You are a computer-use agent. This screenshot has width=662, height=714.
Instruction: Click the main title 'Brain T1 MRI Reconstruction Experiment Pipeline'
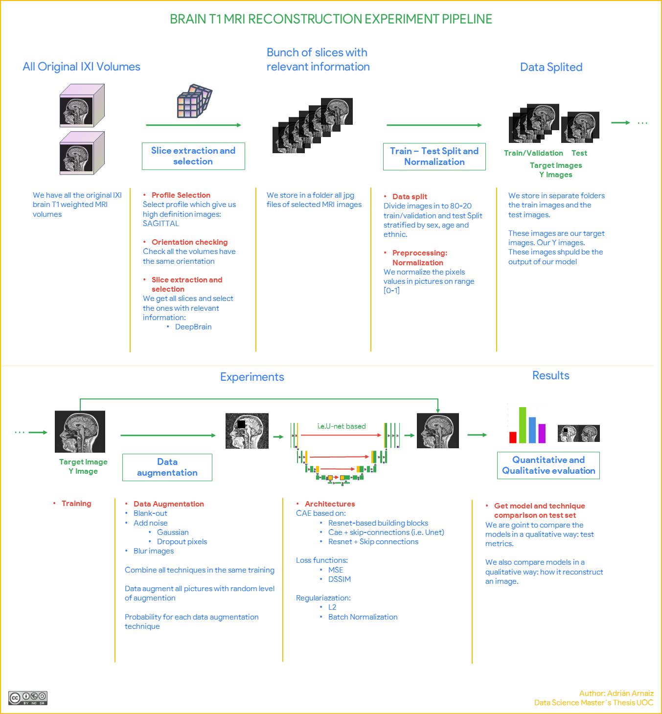[331, 19]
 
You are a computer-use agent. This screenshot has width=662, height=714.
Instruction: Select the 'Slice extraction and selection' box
[193, 156]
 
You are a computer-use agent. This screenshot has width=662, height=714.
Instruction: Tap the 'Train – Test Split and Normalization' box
[434, 157]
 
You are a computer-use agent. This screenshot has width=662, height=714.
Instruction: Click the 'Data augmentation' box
[167, 467]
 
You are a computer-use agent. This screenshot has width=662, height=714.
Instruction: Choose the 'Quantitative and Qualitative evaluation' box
[548, 465]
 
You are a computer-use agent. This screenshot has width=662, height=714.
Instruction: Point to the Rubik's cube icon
[194, 101]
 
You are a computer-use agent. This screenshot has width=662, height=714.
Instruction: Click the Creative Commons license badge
[28, 698]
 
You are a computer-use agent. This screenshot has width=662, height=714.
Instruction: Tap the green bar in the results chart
[523, 425]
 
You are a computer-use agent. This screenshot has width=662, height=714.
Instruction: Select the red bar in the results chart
[513, 437]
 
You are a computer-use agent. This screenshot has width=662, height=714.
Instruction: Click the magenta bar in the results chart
[542, 433]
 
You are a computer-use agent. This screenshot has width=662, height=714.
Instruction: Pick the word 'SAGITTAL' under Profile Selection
[161, 224]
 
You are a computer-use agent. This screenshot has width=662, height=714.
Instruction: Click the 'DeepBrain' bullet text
[193, 327]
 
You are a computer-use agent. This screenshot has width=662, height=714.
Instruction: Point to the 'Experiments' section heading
[252, 377]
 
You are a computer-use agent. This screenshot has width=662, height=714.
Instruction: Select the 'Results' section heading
[551, 375]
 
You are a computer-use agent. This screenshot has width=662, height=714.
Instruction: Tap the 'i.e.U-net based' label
[342, 426]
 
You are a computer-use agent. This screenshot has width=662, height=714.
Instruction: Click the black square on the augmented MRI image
[241, 424]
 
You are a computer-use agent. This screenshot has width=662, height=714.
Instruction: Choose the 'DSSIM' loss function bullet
[340, 579]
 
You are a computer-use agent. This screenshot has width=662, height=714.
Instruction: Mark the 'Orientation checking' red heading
[189, 242]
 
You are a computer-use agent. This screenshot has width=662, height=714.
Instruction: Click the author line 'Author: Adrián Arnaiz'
[616, 693]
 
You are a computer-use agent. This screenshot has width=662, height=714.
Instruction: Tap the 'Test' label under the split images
[579, 153]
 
